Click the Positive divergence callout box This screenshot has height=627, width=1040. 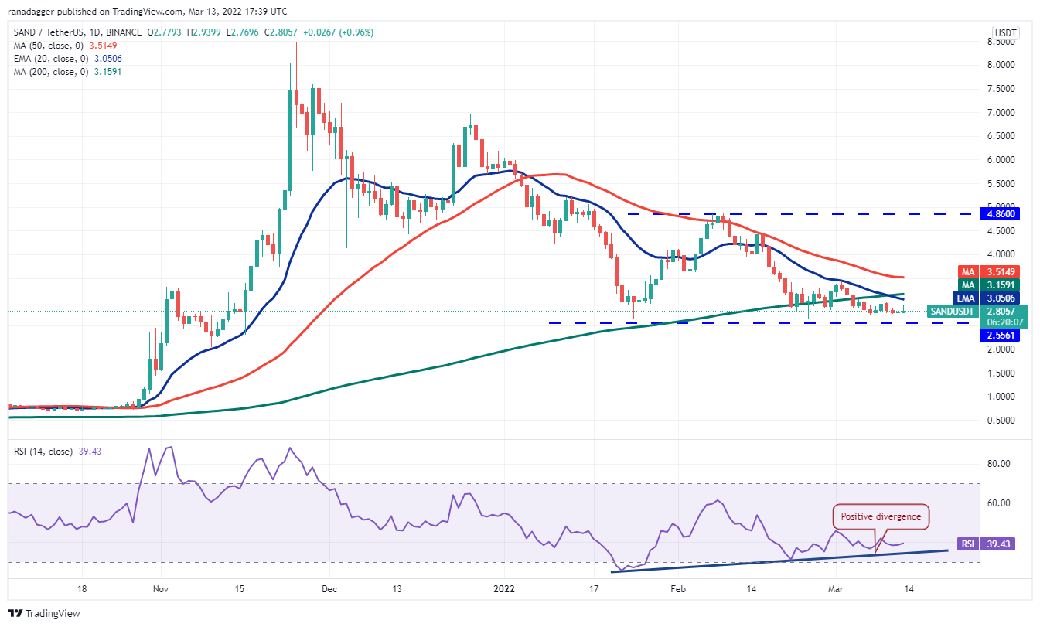(x=881, y=516)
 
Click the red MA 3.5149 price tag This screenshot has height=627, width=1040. (x=1003, y=271)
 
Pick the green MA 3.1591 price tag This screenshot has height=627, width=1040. (x=1003, y=285)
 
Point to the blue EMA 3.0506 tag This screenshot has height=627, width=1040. (x=1003, y=298)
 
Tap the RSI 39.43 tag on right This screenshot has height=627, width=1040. (x=991, y=544)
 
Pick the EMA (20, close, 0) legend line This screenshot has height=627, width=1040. (x=68, y=59)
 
